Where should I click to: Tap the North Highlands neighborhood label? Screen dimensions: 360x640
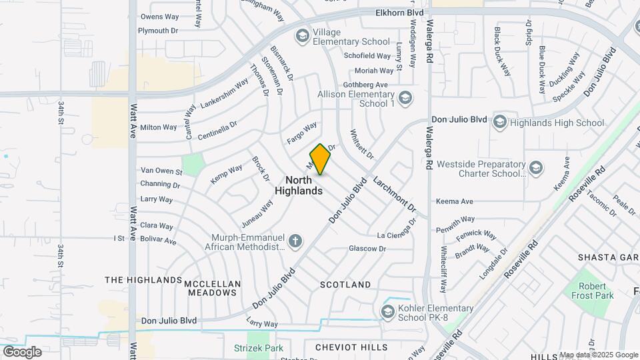299,185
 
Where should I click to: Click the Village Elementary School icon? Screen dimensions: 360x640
303,35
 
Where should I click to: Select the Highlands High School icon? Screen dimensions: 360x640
499,122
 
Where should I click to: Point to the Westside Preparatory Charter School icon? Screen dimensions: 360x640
535,167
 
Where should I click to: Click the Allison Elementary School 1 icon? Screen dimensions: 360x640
405,99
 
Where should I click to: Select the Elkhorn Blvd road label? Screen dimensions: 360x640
399,12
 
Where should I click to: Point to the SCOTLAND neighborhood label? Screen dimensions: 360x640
345,285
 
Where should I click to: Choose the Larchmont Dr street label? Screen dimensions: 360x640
394,193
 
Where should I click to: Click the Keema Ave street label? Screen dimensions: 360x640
454,201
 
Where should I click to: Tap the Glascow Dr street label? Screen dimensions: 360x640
367,249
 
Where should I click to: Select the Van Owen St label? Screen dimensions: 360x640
161,171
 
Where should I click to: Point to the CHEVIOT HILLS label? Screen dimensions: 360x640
351,347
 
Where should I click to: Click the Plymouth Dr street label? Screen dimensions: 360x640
158,31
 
